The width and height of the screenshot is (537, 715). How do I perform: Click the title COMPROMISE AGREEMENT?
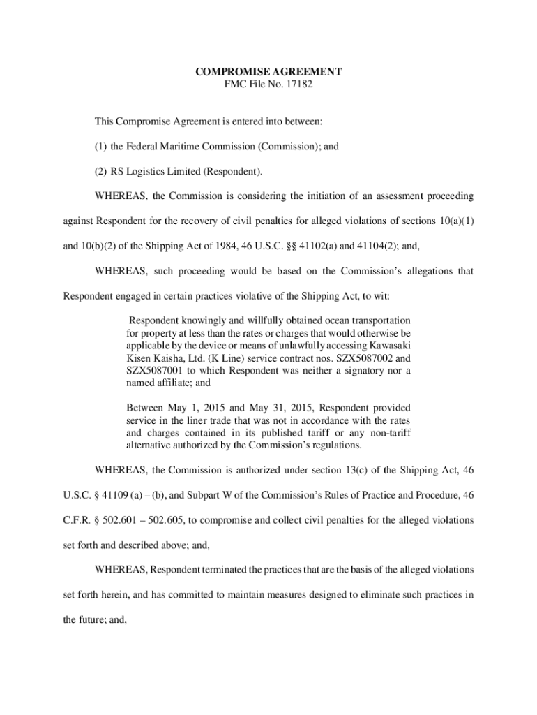pyautogui.click(x=268, y=71)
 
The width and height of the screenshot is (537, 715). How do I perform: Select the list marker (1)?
pyautogui.click(x=102, y=146)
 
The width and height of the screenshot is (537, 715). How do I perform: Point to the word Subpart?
pyautogui.click(x=224, y=495)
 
